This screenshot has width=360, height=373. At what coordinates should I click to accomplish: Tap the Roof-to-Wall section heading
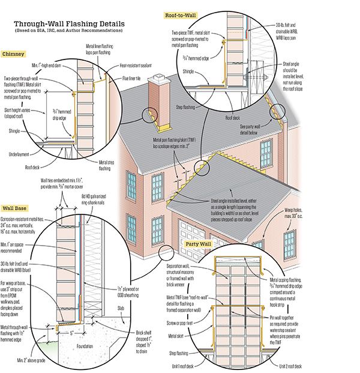point(179,13)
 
